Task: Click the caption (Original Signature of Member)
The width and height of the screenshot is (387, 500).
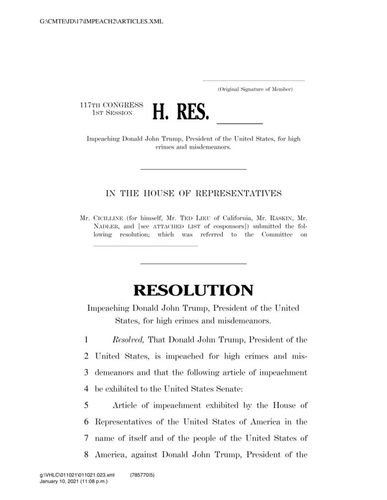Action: click(256, 89)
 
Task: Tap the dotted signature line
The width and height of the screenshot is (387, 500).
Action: click(254, 80)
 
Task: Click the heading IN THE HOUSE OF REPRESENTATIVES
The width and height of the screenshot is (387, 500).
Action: click(193, 193)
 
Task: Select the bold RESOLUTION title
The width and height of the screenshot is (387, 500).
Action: click(193, 290)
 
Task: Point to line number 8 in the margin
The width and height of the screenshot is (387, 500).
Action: click(86, 454)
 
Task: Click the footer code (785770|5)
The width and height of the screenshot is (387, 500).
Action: click(142, 475)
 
